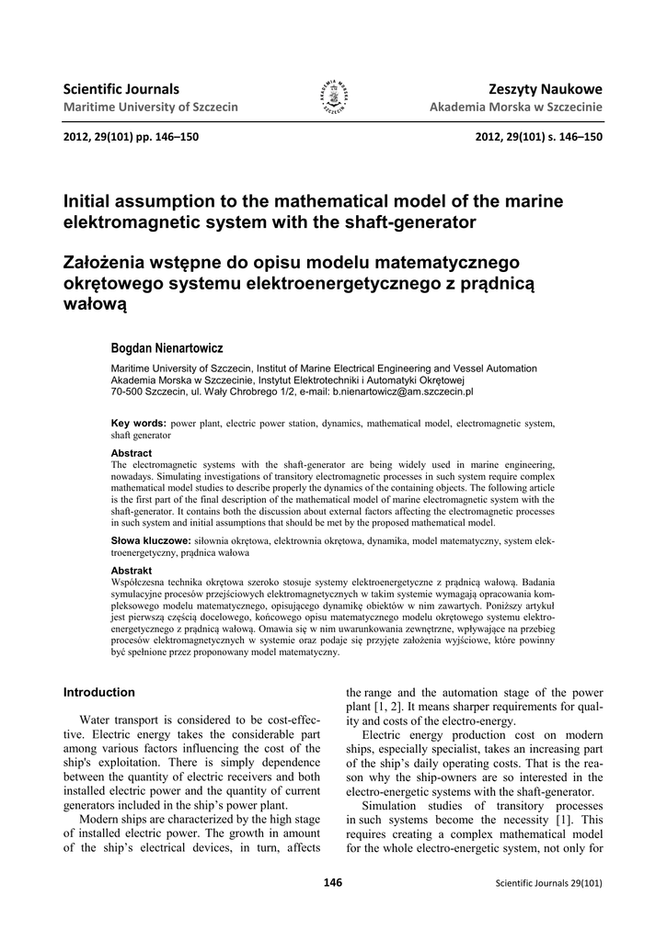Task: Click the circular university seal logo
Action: pyautogui.click(x=333, y=96)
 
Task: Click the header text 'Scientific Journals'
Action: pyautogui.click(x=121, y=89)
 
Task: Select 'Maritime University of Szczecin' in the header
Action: pyautogui.click(x=150, y=108)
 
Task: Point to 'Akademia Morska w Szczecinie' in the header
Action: pyautogui.click(x=516, y=108)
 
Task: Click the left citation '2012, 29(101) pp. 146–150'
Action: pyautogui.click(x=131, y=137)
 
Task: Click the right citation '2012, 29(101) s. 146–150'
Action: pyautogui.click(x=539, y=137)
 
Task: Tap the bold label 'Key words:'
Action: pyautogui.click(x=138, y=423)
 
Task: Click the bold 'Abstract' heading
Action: pyautogui.click(x=132, y=453)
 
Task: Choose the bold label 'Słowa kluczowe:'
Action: pyautogui.click(x=151, y=540)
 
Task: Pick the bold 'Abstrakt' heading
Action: pyautogui.click(x=132, y=571)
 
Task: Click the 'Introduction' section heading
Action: pyautogui.click(x=98, y=692)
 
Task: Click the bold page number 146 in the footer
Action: pyautogui.click(x=333, y=883)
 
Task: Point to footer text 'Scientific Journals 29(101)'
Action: pyautogui.click(x=548, y=884)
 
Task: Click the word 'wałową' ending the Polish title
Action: pyautogui.click(x=94, y=302)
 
